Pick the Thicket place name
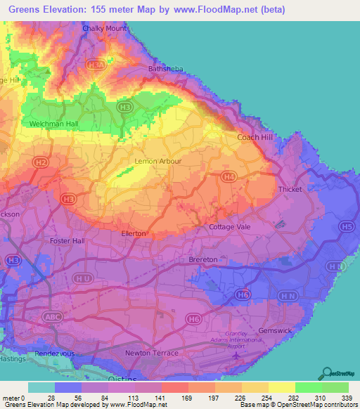coord(290,189)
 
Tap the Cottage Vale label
coord(230,227)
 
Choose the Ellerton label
coord(134,233)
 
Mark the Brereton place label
coord(203,259)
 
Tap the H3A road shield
coord(96,65)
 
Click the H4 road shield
coord(229,176)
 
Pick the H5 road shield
coord(347,226)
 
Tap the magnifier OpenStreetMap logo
coord(328,373)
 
